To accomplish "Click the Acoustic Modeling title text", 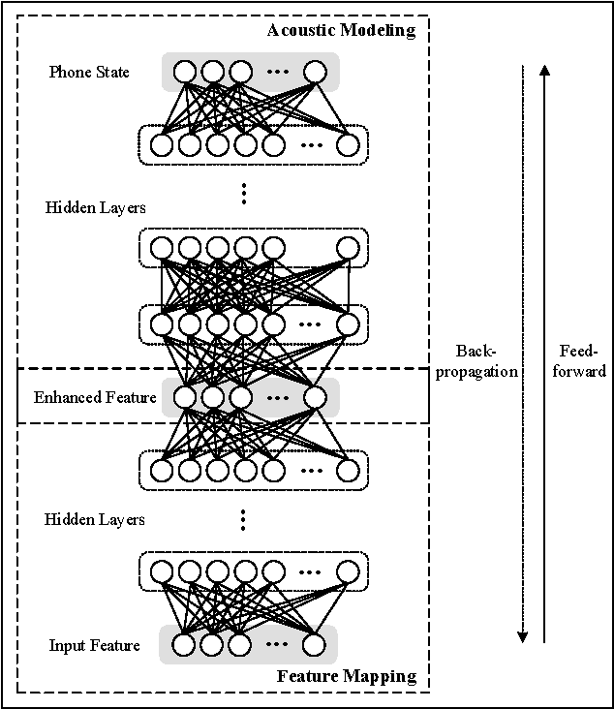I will coord(341,30).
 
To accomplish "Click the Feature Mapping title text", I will coord(346,676).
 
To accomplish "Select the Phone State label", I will coord(89,73).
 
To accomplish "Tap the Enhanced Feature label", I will coord(95,397).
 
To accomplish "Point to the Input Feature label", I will coord(95,645).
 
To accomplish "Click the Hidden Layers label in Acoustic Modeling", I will coord(95,207).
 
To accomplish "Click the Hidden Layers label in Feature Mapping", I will coord(95,520).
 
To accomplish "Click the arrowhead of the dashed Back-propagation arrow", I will coord(522,636).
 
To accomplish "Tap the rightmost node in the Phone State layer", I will coord(314,72).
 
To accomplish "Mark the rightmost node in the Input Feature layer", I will coord(312,644).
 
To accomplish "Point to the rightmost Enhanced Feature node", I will coord(314,397).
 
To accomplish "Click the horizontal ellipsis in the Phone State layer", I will coord(277,73).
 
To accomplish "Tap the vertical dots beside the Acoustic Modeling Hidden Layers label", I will coord(244,194).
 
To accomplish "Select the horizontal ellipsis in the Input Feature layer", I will coord(277,645).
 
